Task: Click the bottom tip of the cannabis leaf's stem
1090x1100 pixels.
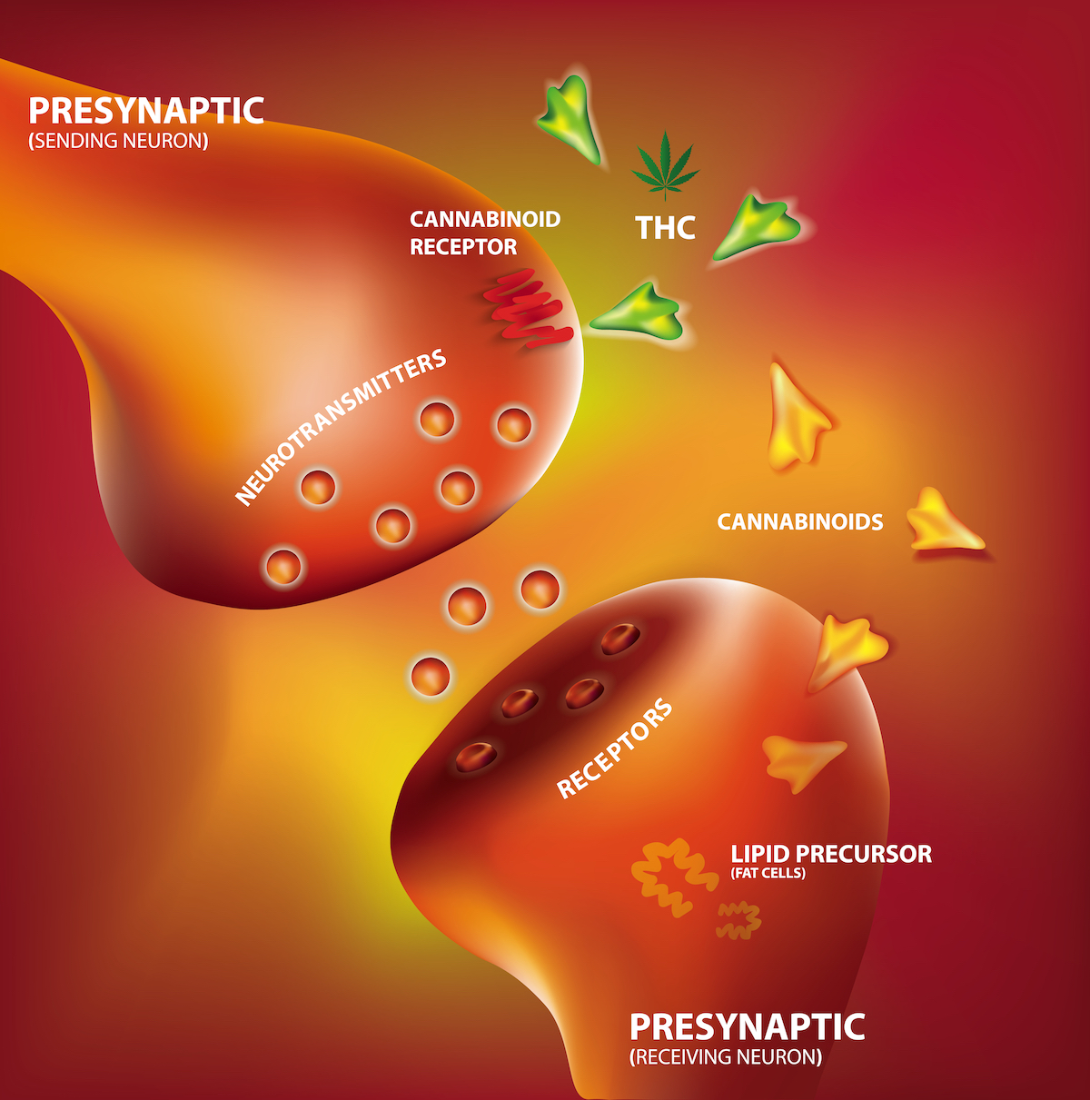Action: (665, 201)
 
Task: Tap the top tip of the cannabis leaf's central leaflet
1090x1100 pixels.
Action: (665, 132)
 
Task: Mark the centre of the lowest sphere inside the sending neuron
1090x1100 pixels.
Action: (283, 567)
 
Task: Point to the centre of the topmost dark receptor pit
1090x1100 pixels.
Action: (620, 639)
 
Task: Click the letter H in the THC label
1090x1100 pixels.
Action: (665, 227)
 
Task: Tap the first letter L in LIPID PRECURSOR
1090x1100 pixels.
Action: (737, 854)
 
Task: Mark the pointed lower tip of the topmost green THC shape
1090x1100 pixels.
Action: (597, 163)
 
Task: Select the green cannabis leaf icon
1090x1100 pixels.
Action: (665, 166)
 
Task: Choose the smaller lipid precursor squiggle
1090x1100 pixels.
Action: (738, 920)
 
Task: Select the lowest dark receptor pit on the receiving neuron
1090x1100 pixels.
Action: (476, 757)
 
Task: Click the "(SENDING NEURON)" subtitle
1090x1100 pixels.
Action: (119, 141)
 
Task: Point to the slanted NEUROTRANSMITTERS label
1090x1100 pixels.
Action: (341, 427)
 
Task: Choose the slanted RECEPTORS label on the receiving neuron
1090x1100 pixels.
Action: (614, 748)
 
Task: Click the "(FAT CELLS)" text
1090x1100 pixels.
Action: (768, 873)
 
